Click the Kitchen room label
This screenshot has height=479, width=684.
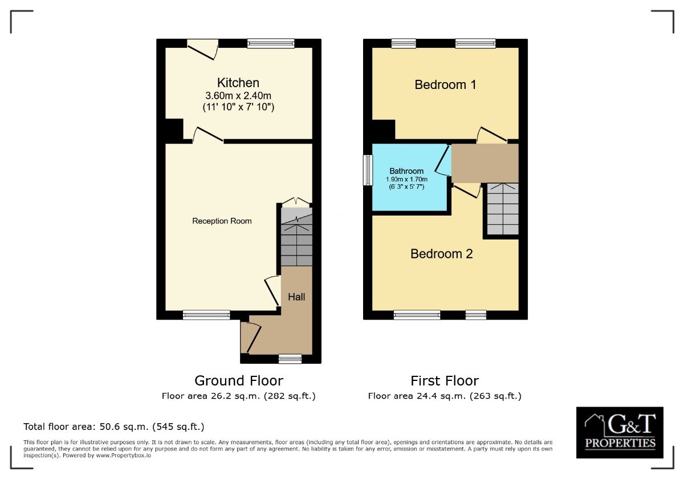(x=238, y=83)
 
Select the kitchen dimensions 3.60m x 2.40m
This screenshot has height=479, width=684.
(x=238, y=96)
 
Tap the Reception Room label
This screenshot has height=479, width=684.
(x=222, y=221)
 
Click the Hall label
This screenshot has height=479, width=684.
(x=296, y=297)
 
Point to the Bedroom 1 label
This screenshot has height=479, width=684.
(x=445, y=85)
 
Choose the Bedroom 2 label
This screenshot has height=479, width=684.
(x=442, y=254)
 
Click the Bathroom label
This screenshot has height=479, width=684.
(x=406, y=171)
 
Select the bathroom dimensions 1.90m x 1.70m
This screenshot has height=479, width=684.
(x=406, y=180)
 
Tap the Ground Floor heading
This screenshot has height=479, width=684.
(x=239, y=381)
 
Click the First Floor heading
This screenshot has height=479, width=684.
(x=445, y=381)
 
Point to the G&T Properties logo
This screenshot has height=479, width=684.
(x=620, y=432)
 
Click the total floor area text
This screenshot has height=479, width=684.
(x=114, y=427)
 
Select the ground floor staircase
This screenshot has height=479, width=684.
(x=296, y=239)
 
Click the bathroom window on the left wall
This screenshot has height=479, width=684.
(x=368, y=170)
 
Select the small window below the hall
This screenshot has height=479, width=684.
(x=290, y=359)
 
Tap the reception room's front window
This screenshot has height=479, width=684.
(x=206, y=315)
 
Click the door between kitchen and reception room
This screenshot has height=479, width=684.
(x=207, y=135)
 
